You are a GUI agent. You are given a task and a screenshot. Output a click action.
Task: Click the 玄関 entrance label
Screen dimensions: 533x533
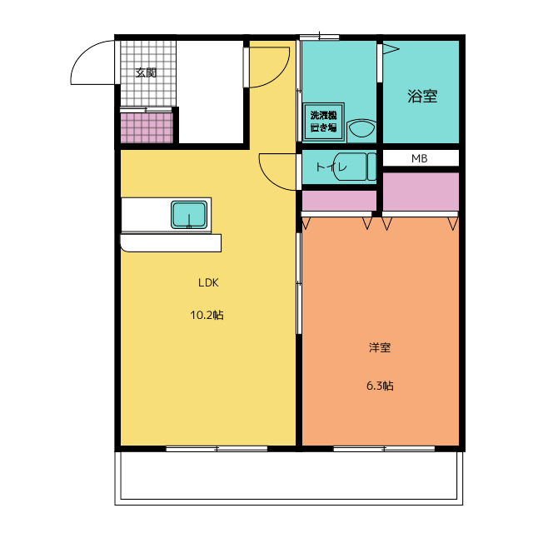click(146, 72)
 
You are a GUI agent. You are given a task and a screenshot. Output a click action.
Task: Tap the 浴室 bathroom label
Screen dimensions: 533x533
click(422, 97)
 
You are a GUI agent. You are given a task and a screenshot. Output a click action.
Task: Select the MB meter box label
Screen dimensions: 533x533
click(420, 158)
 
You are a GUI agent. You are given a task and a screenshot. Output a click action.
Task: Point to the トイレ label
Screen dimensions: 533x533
click(331, 167)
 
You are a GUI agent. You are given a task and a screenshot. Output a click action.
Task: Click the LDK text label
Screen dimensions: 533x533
click(208, 282)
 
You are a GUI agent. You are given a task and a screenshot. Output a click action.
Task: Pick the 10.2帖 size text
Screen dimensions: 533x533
click(207, 315)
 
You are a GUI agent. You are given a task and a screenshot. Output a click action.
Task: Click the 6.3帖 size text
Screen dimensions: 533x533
click(380, 386)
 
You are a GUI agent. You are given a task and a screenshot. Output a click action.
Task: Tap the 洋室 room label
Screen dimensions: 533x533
click(380, 347)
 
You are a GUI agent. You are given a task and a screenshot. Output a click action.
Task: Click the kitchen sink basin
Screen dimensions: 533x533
click(189, 215)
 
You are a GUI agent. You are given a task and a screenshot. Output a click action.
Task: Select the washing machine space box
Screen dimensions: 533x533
click(324, 122)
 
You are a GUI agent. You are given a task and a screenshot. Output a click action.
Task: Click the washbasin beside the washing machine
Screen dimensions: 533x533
click(361, 128)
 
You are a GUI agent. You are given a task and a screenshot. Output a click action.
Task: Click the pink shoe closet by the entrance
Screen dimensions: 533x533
click(147, 127)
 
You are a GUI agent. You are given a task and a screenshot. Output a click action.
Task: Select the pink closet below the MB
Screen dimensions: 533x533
click(421, 192)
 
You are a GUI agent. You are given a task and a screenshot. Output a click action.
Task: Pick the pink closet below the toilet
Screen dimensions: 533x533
click(339, 201)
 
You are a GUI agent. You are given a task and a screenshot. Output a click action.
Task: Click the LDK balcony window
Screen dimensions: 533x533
click(217, 449)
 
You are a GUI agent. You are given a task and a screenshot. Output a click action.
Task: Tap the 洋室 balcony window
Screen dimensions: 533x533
click(384, 449)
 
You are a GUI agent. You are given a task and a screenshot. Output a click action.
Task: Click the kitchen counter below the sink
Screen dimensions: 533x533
click(171, 242)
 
